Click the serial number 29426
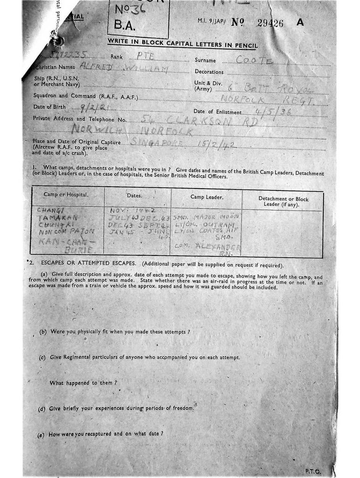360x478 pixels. [270, 24]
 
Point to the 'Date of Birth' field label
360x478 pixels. [49, 107]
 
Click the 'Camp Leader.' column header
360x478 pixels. [207, 197]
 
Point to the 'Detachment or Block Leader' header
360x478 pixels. [283, 202]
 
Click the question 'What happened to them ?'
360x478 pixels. [83, 383]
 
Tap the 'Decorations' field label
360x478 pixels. [209, 72]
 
